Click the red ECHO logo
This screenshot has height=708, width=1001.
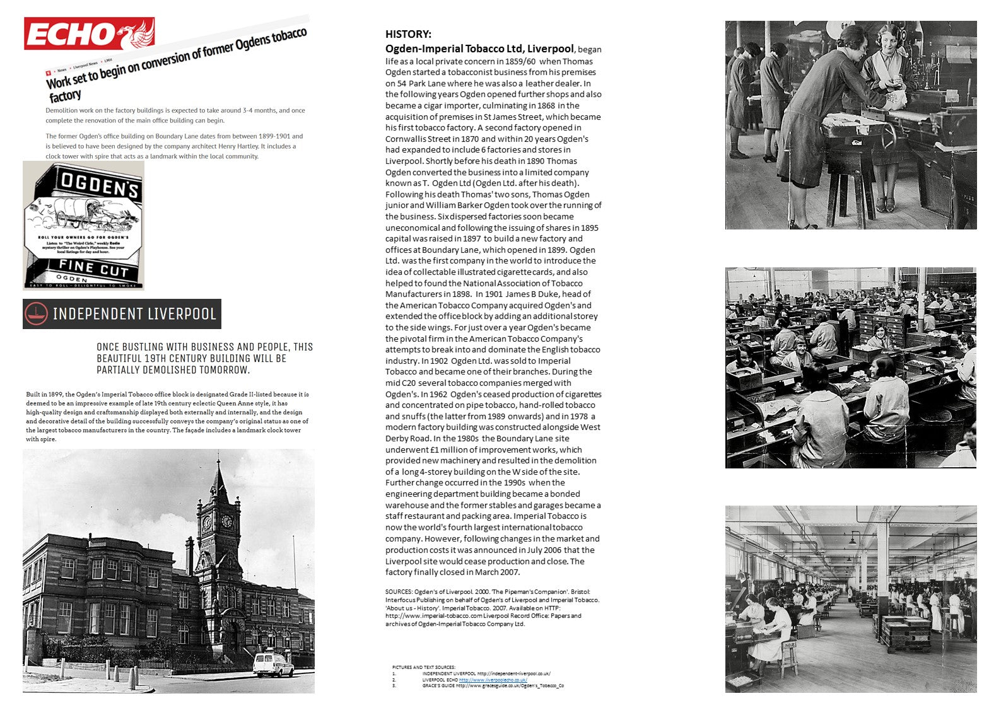(x=89, y=33)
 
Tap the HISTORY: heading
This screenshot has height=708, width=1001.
(x=408, y=34)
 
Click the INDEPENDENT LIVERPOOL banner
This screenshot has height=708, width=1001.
(x=122, y=314)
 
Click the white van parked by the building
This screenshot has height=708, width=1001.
(x=273, y=665)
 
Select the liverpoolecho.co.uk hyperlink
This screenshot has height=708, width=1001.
(x=493, y=680)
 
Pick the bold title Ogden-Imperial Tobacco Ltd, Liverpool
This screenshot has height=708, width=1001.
(x=479, y=49)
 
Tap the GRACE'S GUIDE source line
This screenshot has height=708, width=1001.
(x=493, y=685)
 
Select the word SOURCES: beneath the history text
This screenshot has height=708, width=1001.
(x=399, y=591)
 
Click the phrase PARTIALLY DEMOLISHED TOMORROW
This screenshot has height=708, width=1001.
(x=173, y=369)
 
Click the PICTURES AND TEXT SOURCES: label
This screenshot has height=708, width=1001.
(x=423, y=667)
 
